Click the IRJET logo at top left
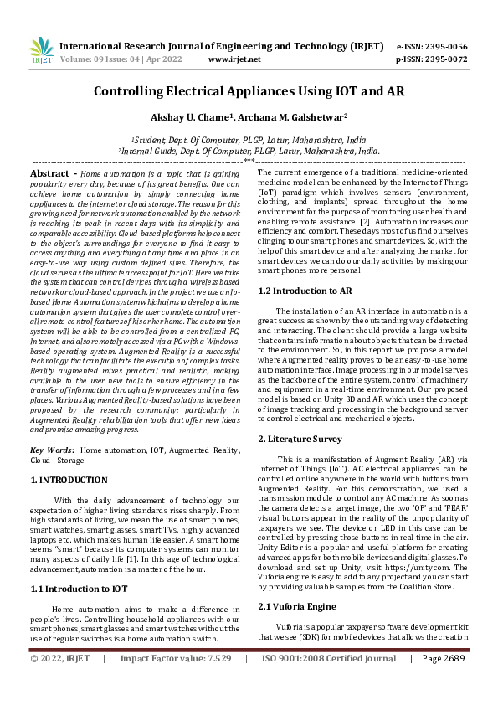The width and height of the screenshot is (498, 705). (x=42, y=52)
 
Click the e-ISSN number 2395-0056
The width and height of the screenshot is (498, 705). (x=444, y=47)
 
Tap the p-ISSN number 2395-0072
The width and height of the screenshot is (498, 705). (x=444, y=60)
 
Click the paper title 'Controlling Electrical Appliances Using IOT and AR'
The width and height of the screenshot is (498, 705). (x=249, y=91)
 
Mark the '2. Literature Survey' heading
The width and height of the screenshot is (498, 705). (x=300, y=439)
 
